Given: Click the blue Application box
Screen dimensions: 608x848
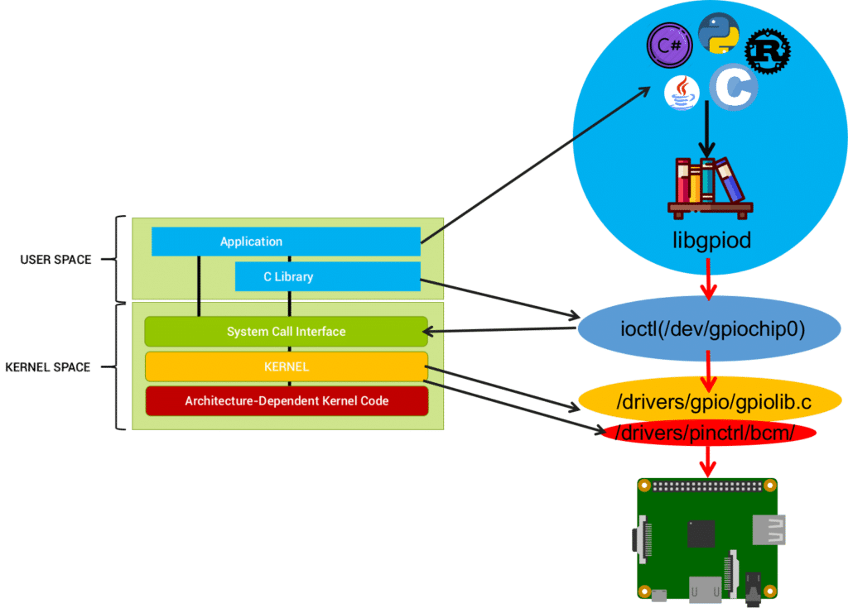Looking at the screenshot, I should click(x=286, y=242).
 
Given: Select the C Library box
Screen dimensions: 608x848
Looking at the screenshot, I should click(x=327, y=276).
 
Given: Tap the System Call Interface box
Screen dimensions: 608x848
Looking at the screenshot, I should click(x=286, y=332).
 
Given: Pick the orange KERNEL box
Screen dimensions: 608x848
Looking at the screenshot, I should click(x=286, y=366).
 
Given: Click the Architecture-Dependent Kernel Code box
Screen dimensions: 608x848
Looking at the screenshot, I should click(x=287, y=401).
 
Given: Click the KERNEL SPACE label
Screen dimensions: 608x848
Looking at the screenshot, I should click(x=47, y=366).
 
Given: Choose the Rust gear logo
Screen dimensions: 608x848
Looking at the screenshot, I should click(x=768, y=52).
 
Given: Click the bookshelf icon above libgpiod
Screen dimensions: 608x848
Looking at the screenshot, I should click(x=710, y=187).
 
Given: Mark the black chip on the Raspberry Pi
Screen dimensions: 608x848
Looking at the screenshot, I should click(x=701, y=533).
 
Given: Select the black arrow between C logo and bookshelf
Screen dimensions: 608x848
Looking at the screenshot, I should click(x=707, y=132).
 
